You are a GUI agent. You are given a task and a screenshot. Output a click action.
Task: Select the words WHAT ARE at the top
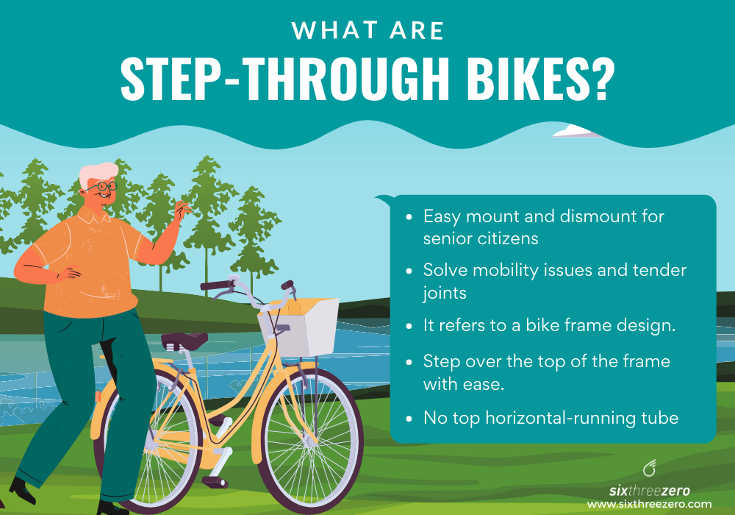coord(367,31)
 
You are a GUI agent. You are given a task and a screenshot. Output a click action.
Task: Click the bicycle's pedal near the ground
coord(214,480)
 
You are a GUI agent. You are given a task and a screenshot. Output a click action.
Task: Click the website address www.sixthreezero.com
coord(649,504)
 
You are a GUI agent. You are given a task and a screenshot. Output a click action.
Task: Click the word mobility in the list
coord(500,270)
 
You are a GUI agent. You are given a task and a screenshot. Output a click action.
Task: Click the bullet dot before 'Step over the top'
coord(409,362)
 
